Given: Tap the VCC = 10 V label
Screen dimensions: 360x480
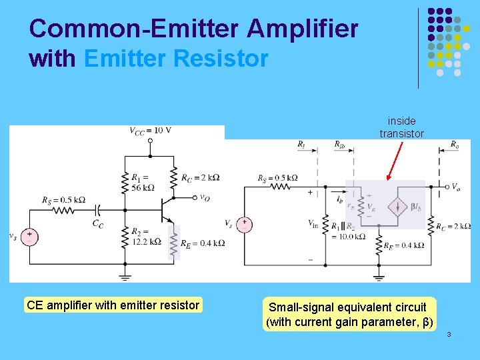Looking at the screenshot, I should tap(150, 131).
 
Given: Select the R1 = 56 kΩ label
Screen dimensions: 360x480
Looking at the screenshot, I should tap(141, 182).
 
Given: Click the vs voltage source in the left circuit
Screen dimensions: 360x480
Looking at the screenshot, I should tap(29, 235).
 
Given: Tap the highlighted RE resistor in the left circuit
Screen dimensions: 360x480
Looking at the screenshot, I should tap(174, 243).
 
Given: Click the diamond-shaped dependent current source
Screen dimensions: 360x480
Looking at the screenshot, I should tap(399, 207).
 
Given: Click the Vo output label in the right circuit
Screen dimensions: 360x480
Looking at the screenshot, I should tap(455, 187).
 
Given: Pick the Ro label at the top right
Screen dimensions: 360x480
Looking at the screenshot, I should tap(454, 145).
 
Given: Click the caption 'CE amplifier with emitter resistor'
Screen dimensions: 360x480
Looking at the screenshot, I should tap(113, 305).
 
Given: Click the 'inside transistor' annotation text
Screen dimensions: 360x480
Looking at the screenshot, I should tap(401, 127).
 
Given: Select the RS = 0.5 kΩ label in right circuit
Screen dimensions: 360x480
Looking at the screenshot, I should tap(277, 178).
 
